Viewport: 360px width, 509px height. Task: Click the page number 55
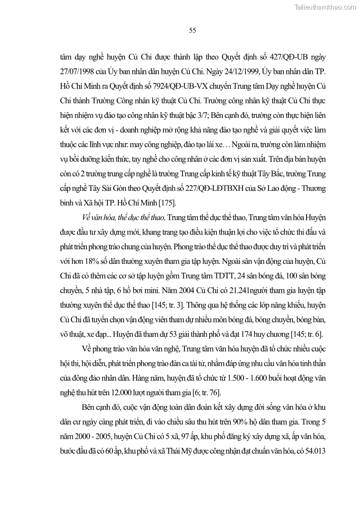tap(192, 30)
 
